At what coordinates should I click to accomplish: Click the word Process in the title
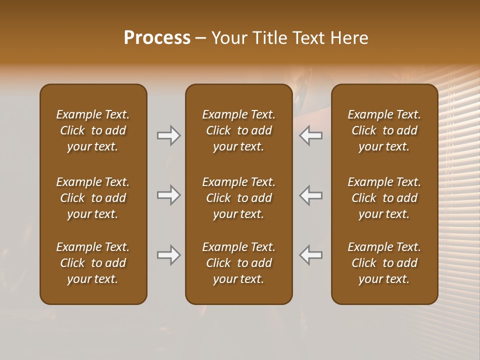click(x=157, y=38)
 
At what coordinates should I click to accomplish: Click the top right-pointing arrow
click(x=168, y=135)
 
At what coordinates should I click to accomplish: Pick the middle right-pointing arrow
click(x=168, y=195)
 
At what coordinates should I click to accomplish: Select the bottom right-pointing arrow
click(x=168, y=255)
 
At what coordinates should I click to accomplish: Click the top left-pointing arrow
click(x=310, y=135)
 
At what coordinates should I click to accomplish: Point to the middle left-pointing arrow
click(x=310, y=195)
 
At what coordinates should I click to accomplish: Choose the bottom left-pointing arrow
click(x=310, y=255)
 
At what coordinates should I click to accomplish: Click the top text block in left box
click(x=93, y=130)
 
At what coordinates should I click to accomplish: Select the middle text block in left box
click(x=93, y=198)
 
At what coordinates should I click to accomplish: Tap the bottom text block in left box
click(x=93, y=263)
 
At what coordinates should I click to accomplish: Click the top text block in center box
click(x=238, y=130)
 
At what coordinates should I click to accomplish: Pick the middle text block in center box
click(x=238, y=198)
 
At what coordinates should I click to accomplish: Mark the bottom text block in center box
click(x=238, y=263)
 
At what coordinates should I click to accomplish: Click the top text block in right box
click(x=384, y=130)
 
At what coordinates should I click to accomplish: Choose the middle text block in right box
click(x=384, y=198)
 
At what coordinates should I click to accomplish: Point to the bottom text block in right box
click(x=384, y=263)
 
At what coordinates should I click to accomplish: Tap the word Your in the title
click(x=227, y=38)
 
